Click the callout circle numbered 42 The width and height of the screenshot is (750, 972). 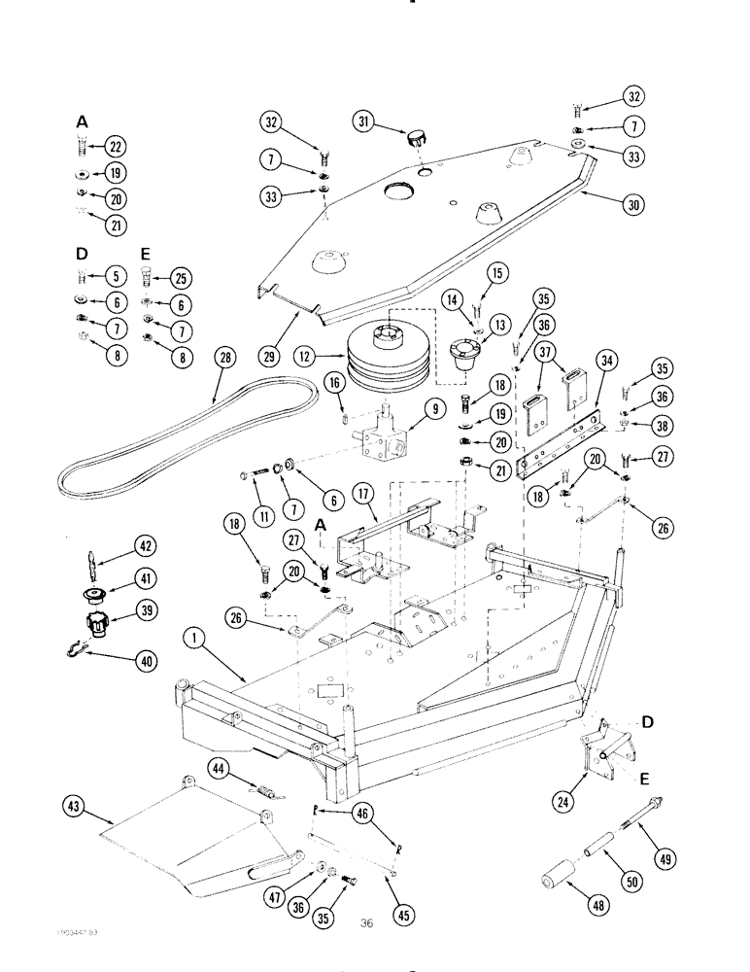(x=145, y=546)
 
